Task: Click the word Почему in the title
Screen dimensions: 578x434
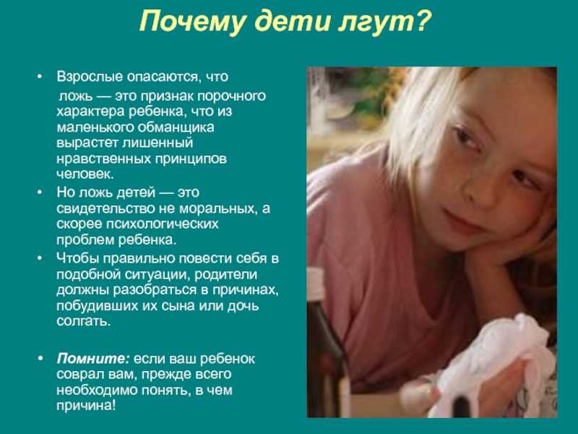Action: pyautogui.click(x=191, y=22)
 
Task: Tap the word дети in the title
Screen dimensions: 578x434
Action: pyautogui.click(x=293, y=22)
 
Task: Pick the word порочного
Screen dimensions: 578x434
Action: pyautogui.click(x=231, y=97)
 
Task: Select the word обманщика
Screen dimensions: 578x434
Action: pyautogui.click(x=176, y=128)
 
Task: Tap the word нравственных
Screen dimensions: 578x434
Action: pyautogui.click(x=103, y=159)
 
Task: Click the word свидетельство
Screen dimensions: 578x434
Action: pyautogui.click(x=105, y=209)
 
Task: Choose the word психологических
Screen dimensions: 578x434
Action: pyautogui.click(x=162, y=225)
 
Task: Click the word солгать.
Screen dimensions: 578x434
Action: pyautogui.click(x=83, y=322)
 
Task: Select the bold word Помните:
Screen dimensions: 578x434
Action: pyautogui.click(x=93, y=359)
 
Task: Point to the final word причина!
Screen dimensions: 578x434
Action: pyautogui.click(x=86, y=407)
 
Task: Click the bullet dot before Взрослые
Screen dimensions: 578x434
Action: pyautogui.click(x=40, y=77)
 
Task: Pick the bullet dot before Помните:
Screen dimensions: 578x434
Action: pyautogui.click(x=40, y=359)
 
